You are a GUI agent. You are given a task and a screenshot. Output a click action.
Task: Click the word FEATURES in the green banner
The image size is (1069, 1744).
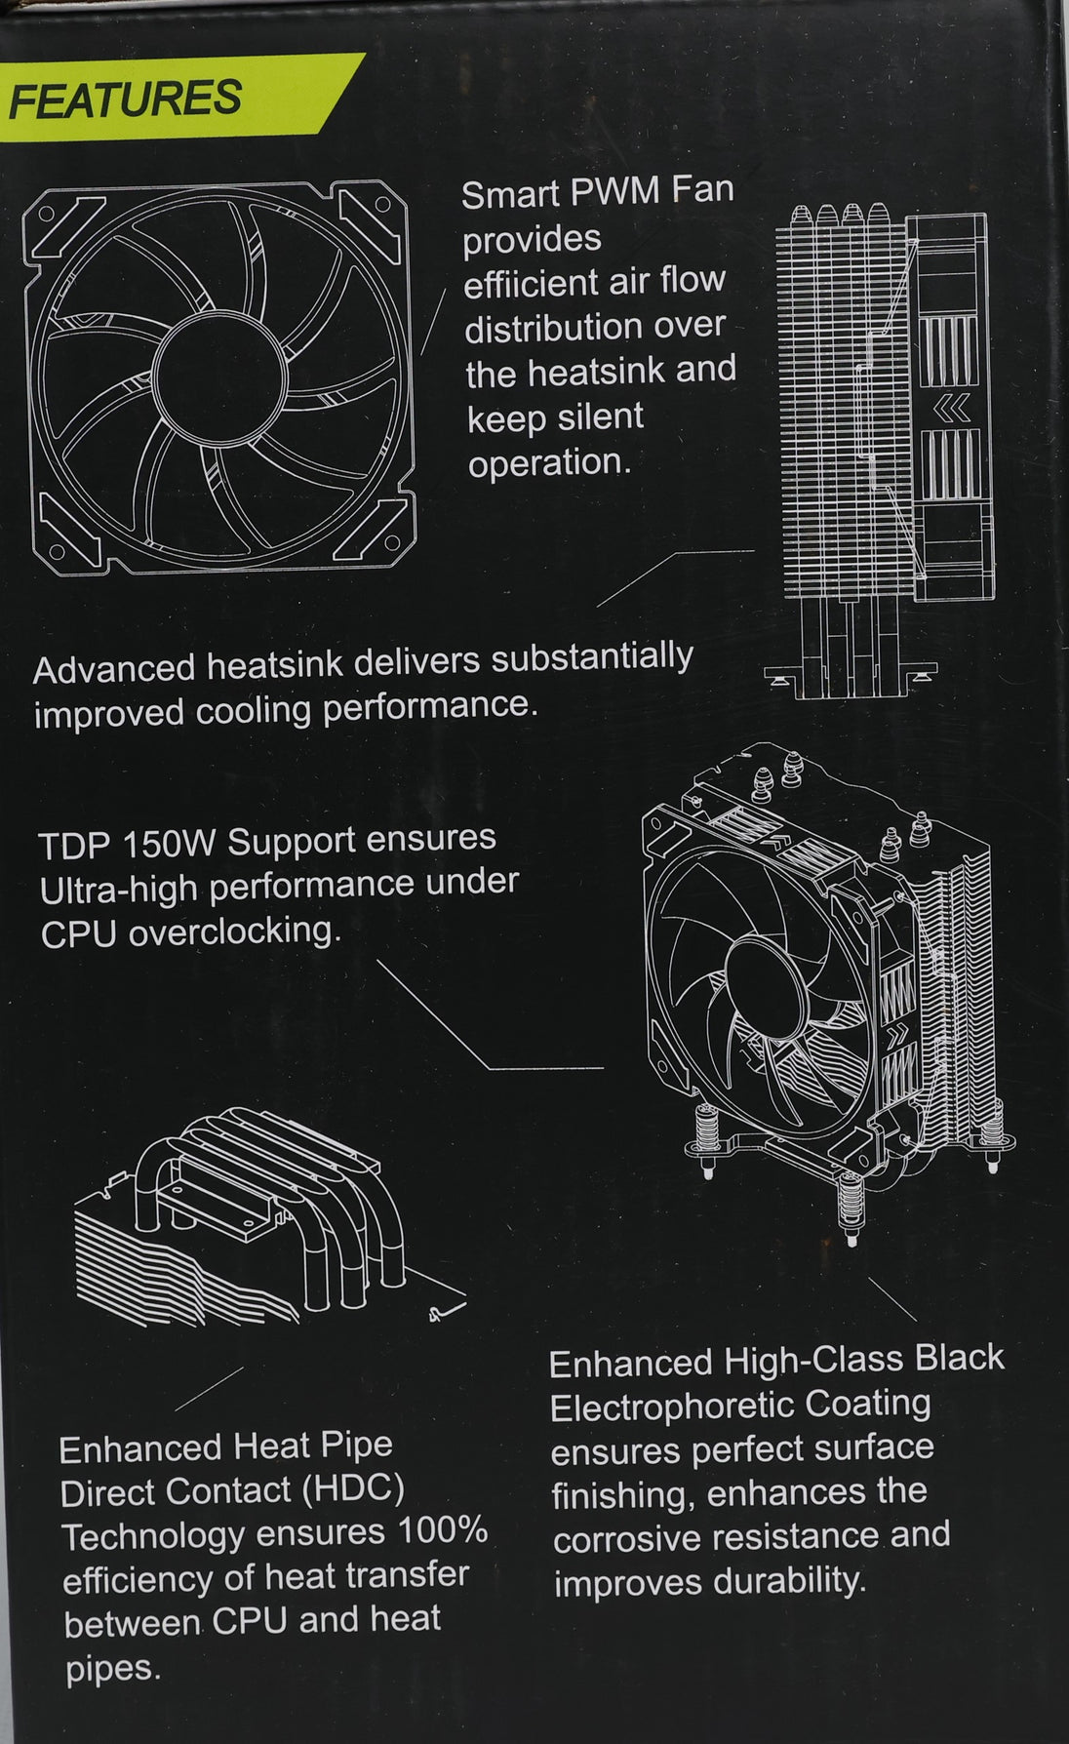coord(124,99)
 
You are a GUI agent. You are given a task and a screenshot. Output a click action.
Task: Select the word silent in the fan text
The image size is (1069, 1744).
coord(599,417)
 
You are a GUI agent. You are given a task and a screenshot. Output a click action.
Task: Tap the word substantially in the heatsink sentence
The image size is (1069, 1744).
coord(591,660)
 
